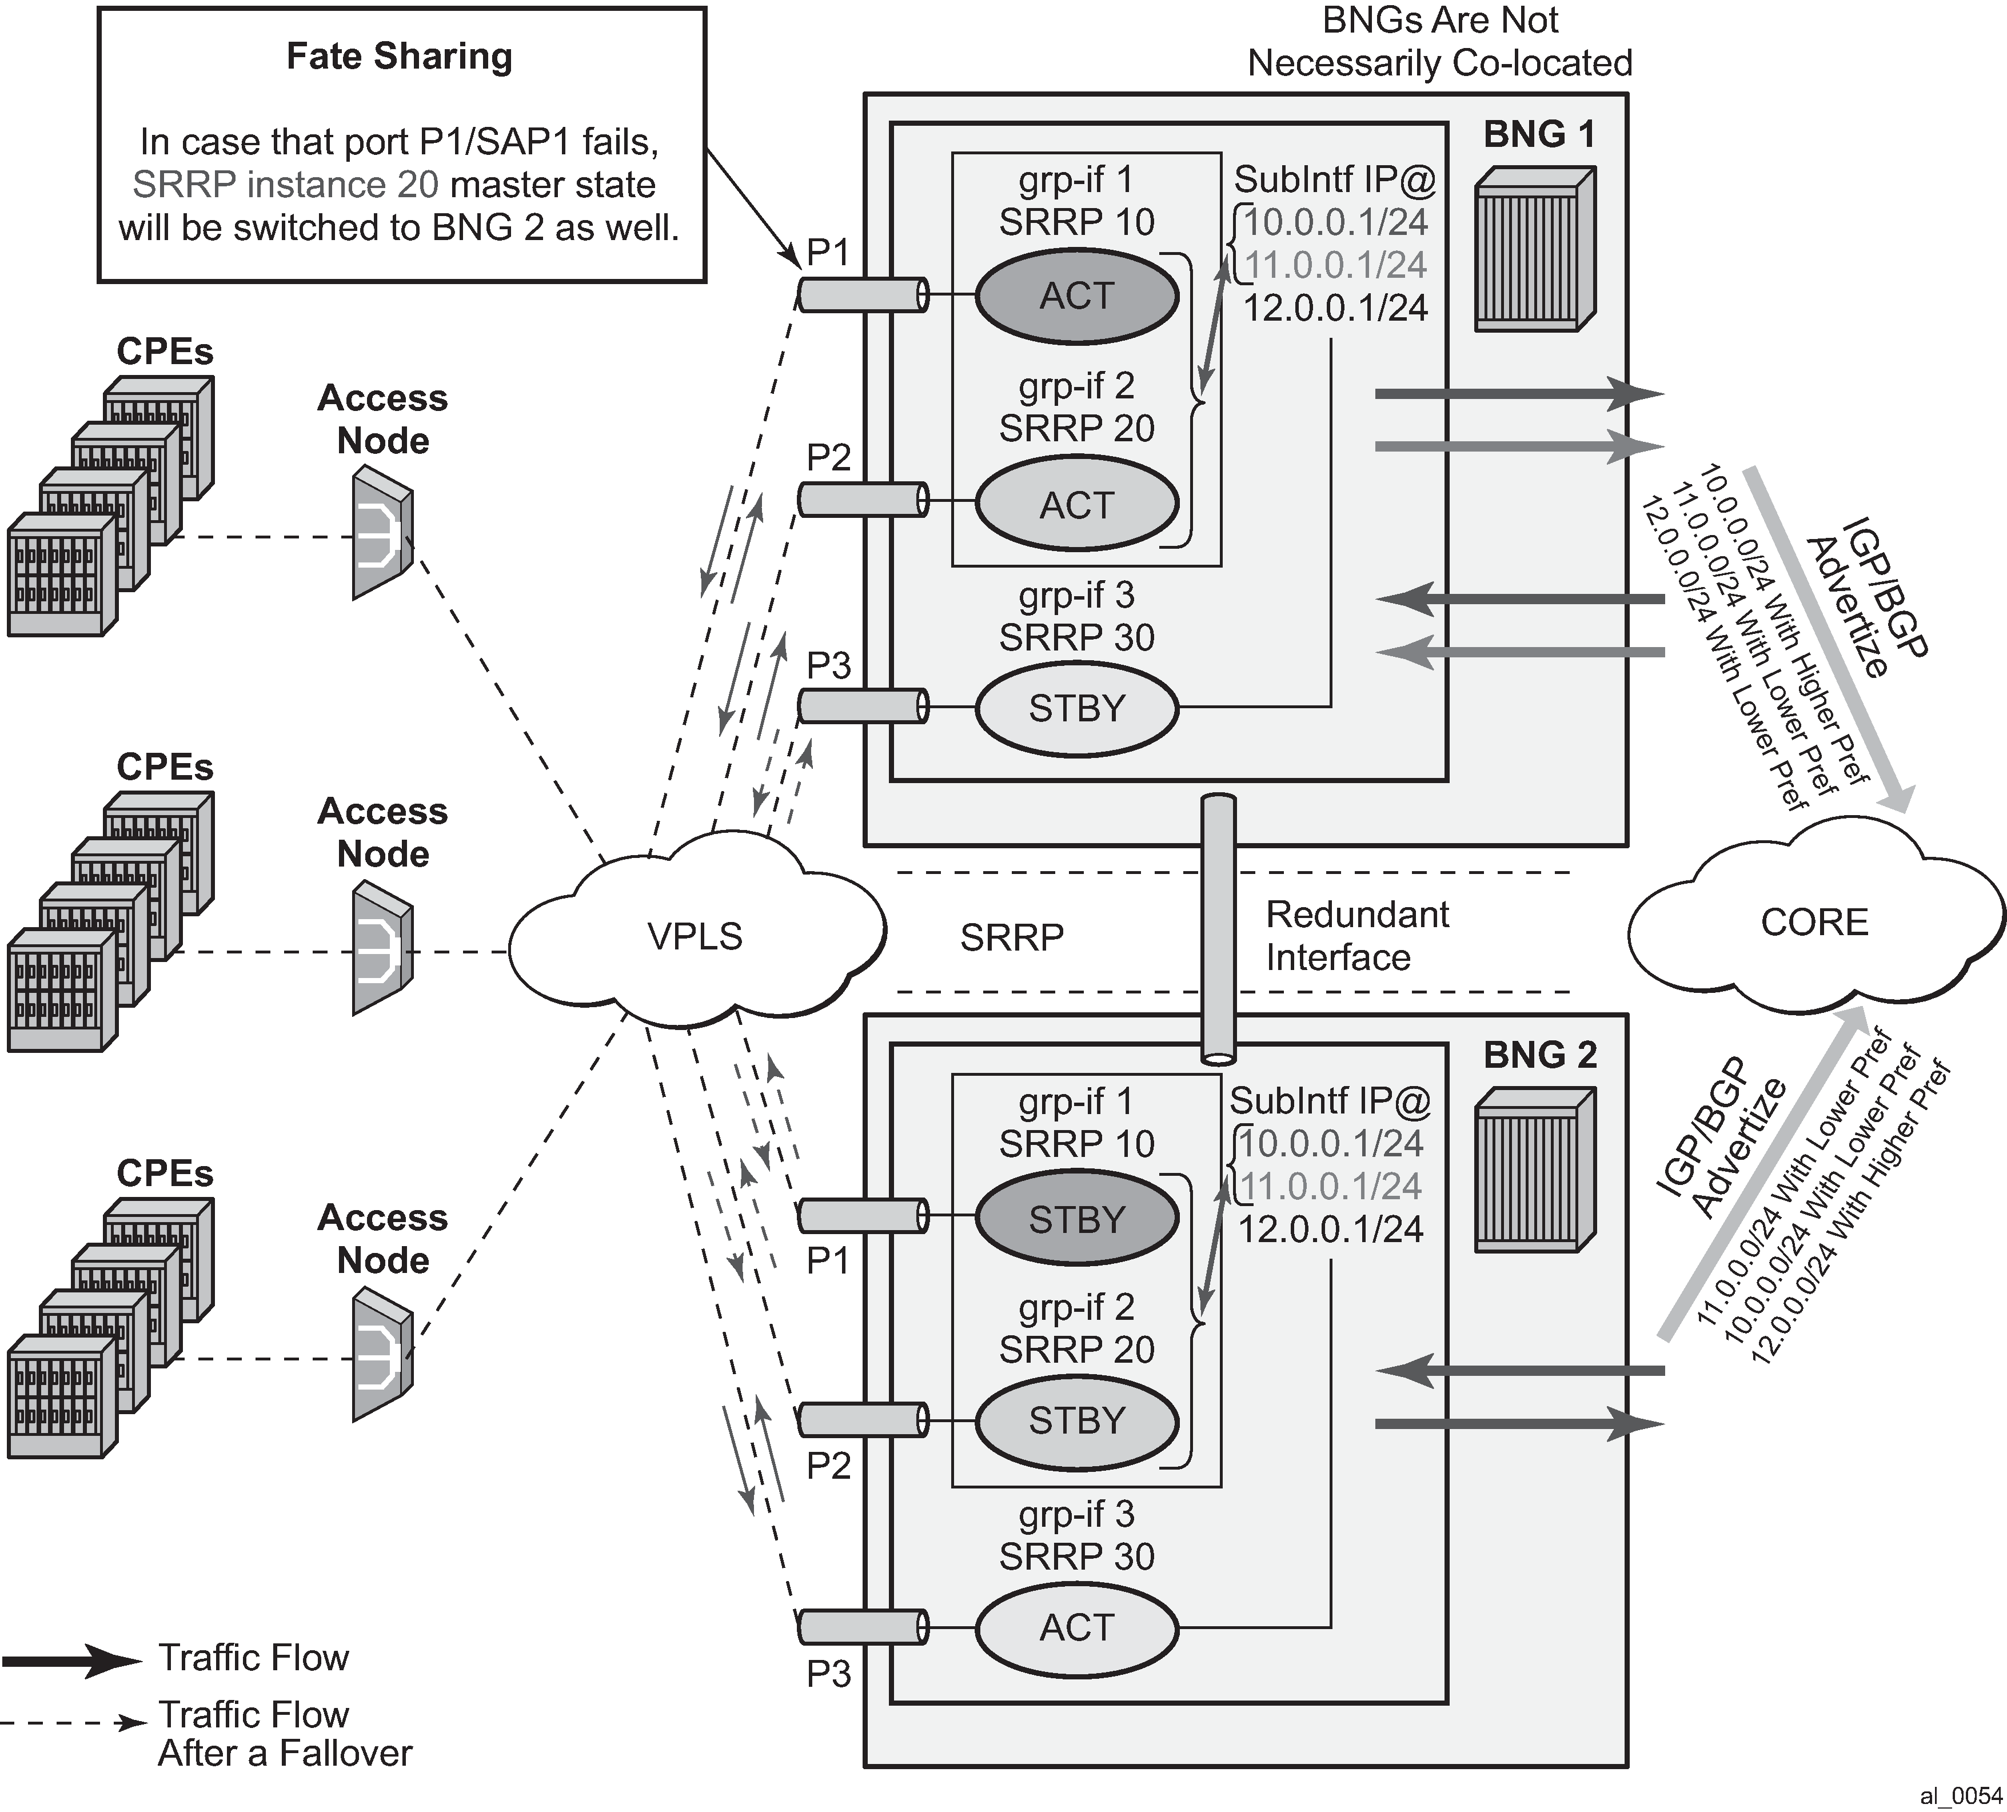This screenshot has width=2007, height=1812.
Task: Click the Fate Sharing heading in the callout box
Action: [x=399, y=57]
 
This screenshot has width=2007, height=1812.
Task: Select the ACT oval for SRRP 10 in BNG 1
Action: [x=1076, y=296]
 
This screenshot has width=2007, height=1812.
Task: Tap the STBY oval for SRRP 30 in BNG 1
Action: [x=1076, y=708]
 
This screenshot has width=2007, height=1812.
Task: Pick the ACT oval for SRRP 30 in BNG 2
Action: [x=1076, y=1627]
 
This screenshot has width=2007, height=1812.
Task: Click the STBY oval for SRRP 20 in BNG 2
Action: [x=1076, y=1420]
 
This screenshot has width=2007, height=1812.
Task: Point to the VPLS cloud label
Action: [x=695, y=936]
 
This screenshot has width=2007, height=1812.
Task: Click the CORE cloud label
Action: [x=1814, y=922]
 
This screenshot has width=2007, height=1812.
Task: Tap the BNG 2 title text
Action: [x=1539, y=1055]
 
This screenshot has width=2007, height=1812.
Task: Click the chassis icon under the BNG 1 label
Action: [x=1534, y=248]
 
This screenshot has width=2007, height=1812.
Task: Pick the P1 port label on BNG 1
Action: [x=827, y=253]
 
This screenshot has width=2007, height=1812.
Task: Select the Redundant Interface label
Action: [x=1357, y=936]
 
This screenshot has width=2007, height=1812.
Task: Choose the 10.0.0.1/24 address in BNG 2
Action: [x=1331, y=1144]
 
